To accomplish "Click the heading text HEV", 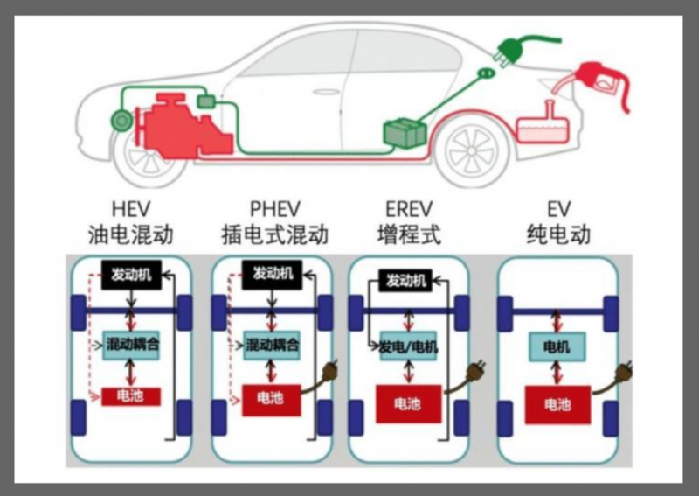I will coord(130,210).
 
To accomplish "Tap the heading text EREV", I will coord(408,210).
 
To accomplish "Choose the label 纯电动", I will coord(558,234).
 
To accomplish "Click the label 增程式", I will coord(408,234).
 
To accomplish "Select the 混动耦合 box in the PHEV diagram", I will coord(272,345).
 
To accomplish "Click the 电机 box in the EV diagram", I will coord(557,347).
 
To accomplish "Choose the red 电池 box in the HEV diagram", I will coord(131,396).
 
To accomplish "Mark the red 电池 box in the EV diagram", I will coord(557,404).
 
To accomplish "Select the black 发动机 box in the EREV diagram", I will coord(406,281).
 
